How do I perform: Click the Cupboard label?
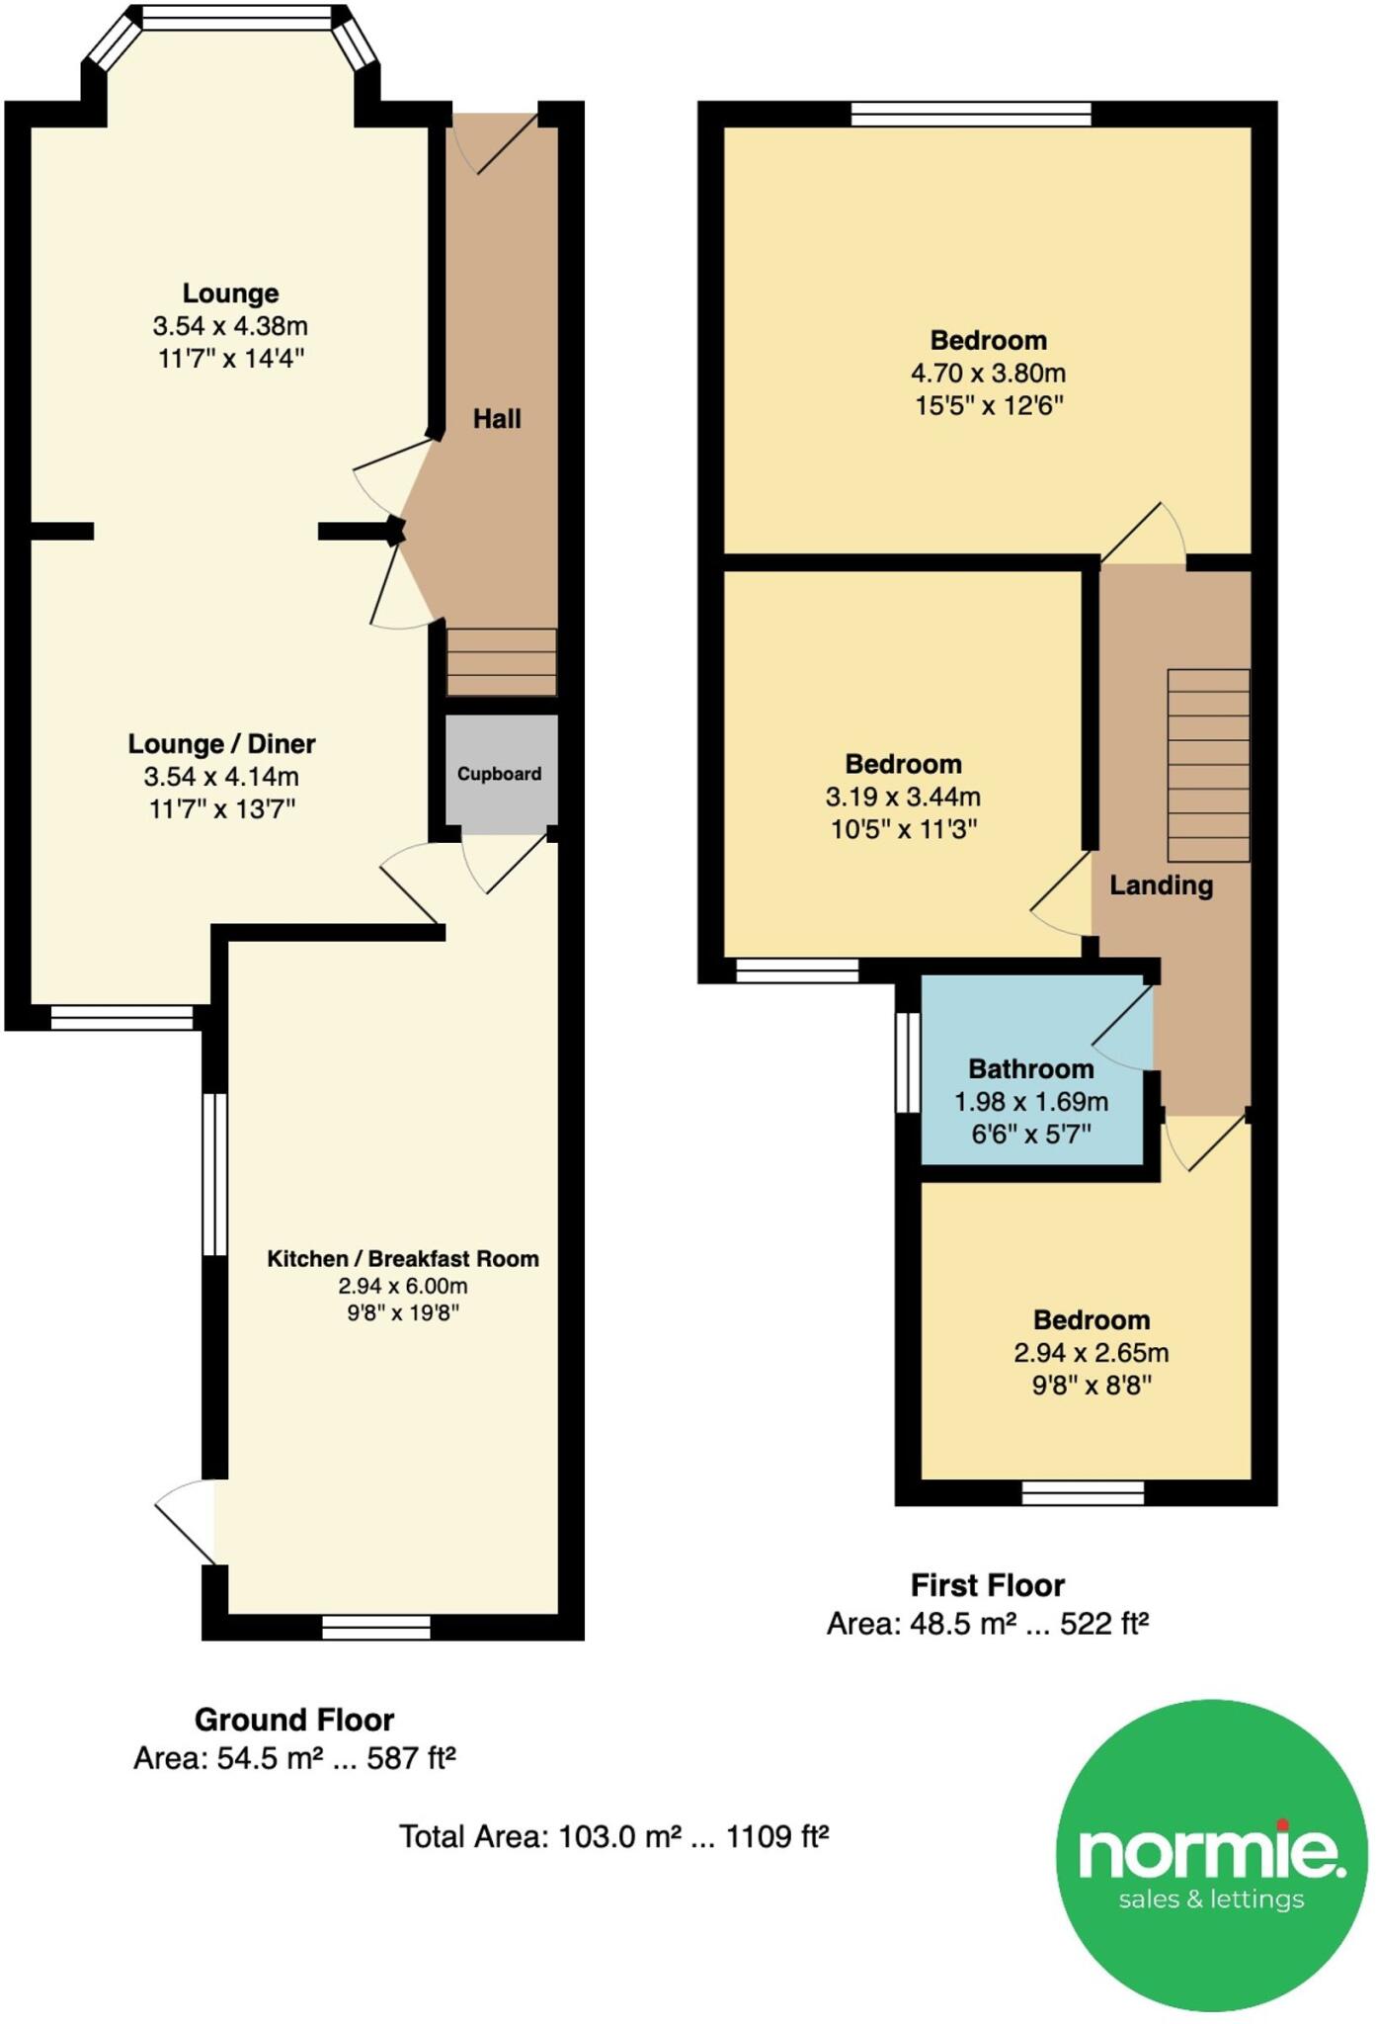click(499, 774)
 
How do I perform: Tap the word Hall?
click(497, 419)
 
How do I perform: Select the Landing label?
click(1161, 885)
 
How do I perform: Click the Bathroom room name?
click(1030, 1069)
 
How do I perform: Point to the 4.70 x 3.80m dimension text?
click(988, 374)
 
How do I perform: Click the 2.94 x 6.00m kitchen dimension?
click(402, 1286)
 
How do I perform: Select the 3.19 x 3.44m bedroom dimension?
click(903, 797)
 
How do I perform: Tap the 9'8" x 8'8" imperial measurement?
click(1092, 1386)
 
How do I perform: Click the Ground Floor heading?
click(294, 1720)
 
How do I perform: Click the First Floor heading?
click(987, 1585)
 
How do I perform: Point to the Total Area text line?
click(613, 1836)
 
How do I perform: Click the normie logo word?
click(1211, 1853)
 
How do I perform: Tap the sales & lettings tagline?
click(1211, 1899)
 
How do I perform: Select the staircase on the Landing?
click(1208, 765)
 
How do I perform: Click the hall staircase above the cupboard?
click(502, 661)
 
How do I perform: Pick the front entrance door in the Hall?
click(506, 144)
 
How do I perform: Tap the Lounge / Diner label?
click(221, 744)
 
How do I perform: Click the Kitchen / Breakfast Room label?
click(403, 1259)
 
